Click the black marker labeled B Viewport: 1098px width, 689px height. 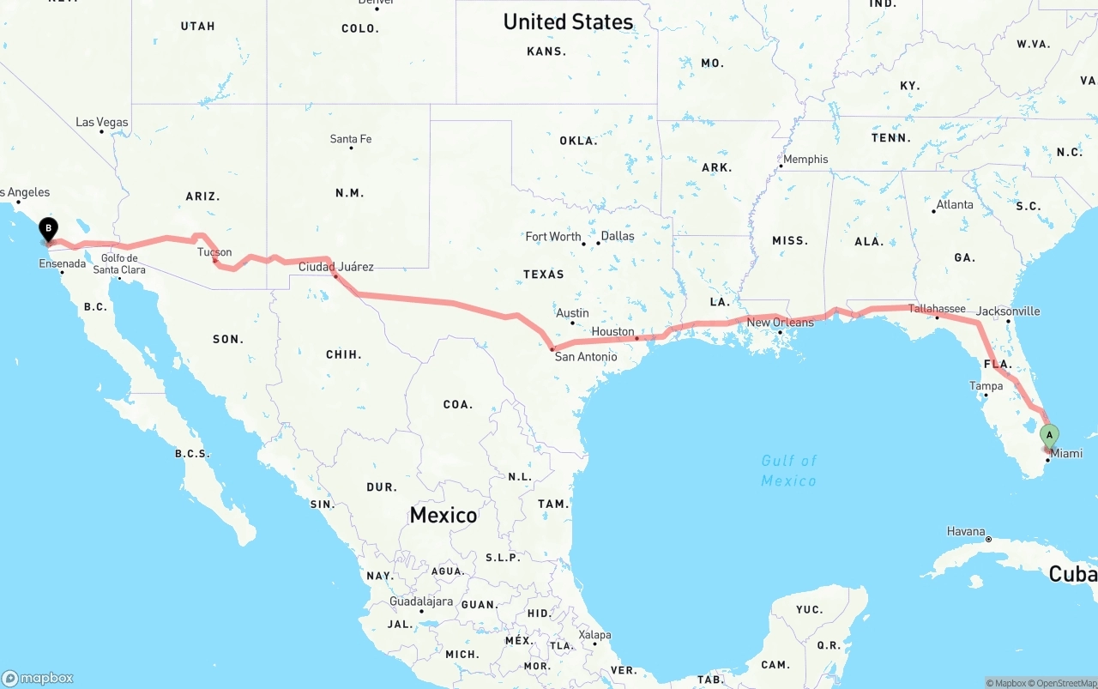[49, 229]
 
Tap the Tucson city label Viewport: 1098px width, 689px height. [214, 252]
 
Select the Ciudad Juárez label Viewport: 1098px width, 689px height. [335, 267]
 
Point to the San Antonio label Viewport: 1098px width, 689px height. [585, 356]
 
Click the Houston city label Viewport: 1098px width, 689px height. [612, 332]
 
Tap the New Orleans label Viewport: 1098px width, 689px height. [780, 323]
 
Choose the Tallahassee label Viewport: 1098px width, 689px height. [937, 309]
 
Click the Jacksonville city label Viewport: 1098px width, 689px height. [1008, 311]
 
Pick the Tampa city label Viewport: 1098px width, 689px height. [986, 386]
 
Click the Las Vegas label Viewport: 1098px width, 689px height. [102, 123]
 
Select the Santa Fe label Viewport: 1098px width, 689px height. [351, 139]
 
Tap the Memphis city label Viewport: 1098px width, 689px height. [805, 159]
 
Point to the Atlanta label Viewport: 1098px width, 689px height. [955, 204]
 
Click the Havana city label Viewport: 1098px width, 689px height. [966, 531]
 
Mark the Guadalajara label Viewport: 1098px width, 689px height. [420, 601]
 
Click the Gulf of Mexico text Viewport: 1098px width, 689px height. [788, 470]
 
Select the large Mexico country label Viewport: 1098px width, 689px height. [443, 515]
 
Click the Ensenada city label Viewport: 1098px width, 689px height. [63, 263]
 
